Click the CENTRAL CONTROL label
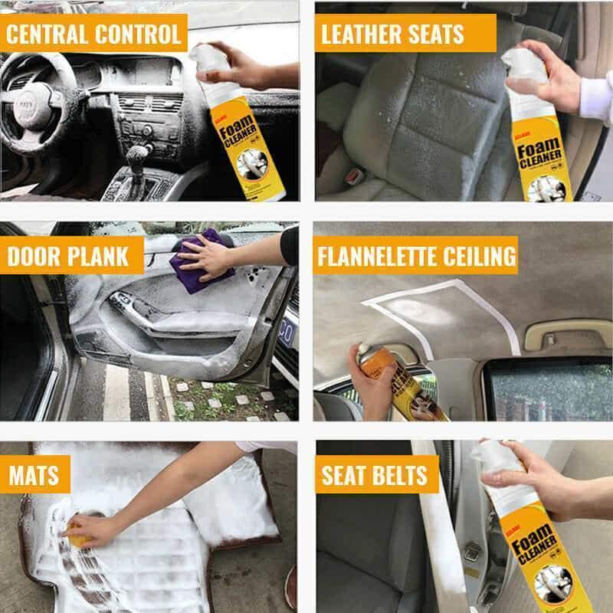[x=93, y=34]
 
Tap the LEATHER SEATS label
[x=392, y=34]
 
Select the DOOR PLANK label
[x=67, y=255]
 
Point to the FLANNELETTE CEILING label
[x=416, y=255]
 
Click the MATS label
[x=34, y=474]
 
